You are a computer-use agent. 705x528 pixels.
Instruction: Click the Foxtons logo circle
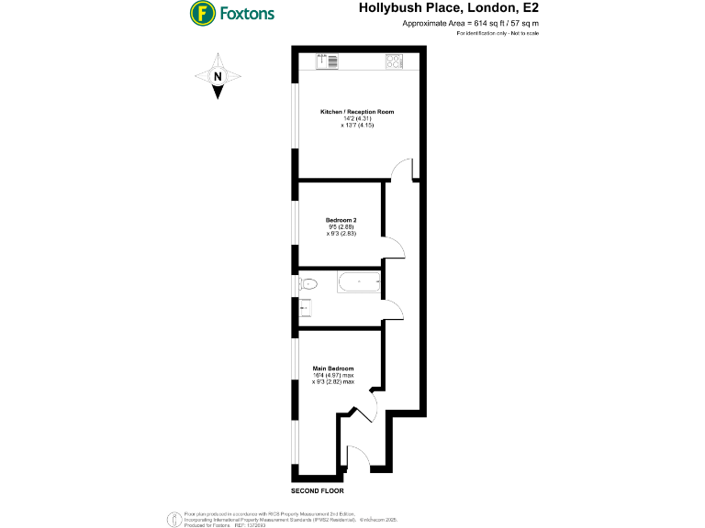203,14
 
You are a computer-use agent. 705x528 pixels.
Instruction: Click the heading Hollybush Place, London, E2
447,8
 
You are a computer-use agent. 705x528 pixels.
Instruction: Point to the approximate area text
471,22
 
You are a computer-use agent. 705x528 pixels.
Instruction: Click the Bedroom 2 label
341,220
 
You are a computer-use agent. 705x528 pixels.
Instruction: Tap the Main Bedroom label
333,368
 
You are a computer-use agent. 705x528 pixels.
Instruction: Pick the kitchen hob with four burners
395,61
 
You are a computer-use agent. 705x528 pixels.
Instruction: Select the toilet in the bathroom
307,283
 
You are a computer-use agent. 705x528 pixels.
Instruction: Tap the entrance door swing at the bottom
357,457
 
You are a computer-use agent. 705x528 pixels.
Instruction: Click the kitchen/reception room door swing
401,171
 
